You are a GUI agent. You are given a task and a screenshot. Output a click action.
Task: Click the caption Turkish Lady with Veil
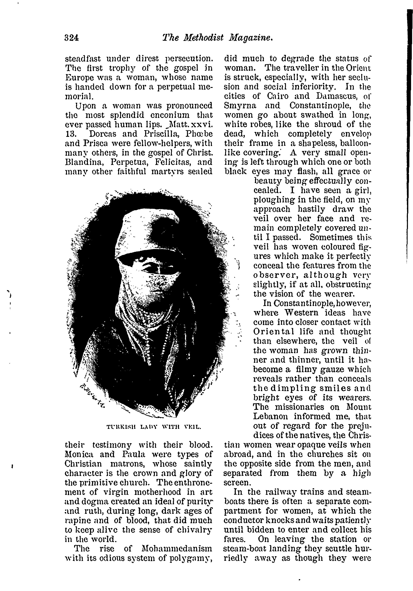(154, 428)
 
